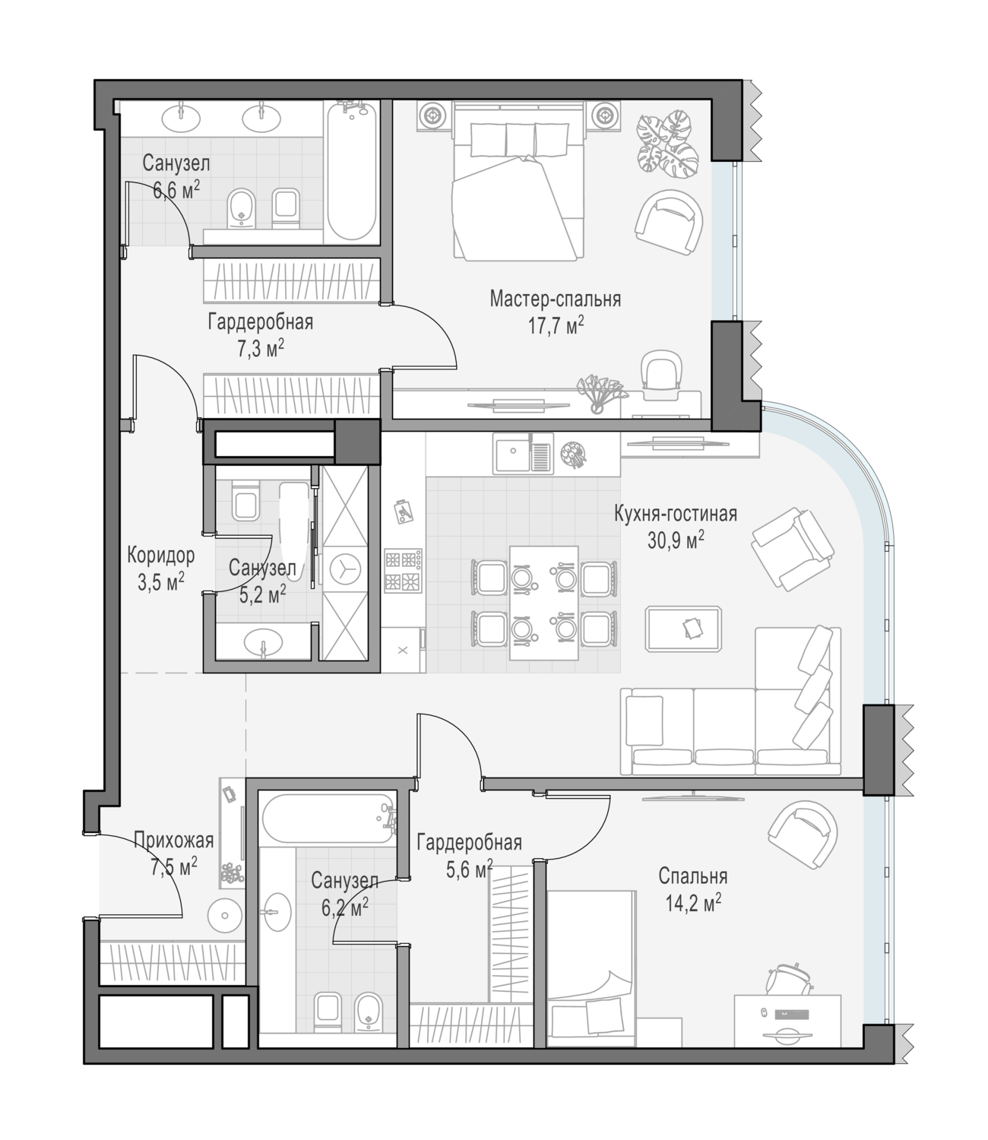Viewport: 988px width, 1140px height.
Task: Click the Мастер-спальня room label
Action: pos(555,299)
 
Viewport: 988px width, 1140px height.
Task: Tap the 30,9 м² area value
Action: pos(676,540)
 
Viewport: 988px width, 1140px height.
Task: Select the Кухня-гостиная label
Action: pos(676,514)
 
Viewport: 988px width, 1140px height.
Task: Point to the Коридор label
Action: pos(161,556)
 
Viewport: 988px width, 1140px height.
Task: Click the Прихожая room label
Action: pos(173,841)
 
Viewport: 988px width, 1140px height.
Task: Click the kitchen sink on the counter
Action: pos(524,453)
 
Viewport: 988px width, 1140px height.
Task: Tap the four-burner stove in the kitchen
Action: pos(404,571)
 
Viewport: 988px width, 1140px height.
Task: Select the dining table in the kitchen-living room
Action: pos(544,603)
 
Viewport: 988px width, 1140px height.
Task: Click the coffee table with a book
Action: pos(684,629)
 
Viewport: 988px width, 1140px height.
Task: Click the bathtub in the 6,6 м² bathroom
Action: pos(351,172)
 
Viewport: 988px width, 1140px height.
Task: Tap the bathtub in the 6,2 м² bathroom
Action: pos(329,818)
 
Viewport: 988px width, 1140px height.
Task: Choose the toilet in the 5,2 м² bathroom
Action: pos(245,501)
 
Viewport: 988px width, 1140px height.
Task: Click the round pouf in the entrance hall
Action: pos(224,916)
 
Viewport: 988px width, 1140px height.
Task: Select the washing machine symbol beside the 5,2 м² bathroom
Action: pos(345,568)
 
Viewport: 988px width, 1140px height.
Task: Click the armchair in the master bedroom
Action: pos(669,222)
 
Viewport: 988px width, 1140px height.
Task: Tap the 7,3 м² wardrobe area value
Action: pos(261,349)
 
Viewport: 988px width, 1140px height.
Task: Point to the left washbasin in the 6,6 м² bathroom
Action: pos(181,117)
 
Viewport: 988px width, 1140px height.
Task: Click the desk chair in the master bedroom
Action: pos(661,374)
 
